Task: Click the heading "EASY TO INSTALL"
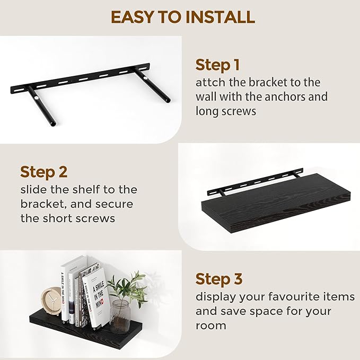click(182, 16)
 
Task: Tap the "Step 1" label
click(217, 65)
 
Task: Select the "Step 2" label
click(43, 172)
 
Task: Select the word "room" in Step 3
click(210, 325)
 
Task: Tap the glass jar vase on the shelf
click(120, 315)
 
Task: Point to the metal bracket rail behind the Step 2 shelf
click(254, 182)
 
